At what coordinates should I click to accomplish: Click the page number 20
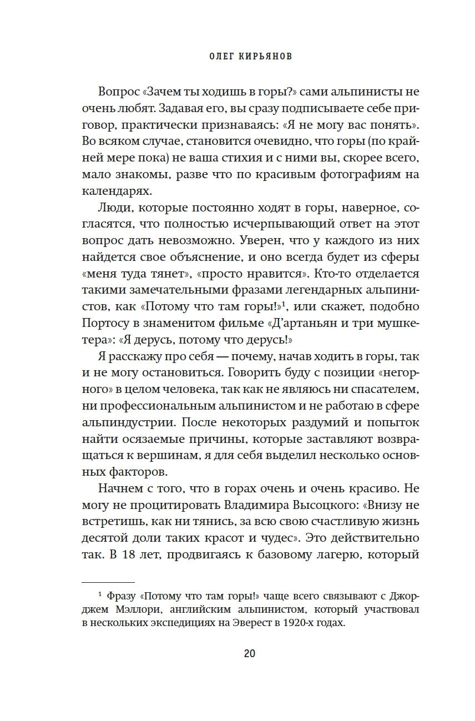point(249,653)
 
